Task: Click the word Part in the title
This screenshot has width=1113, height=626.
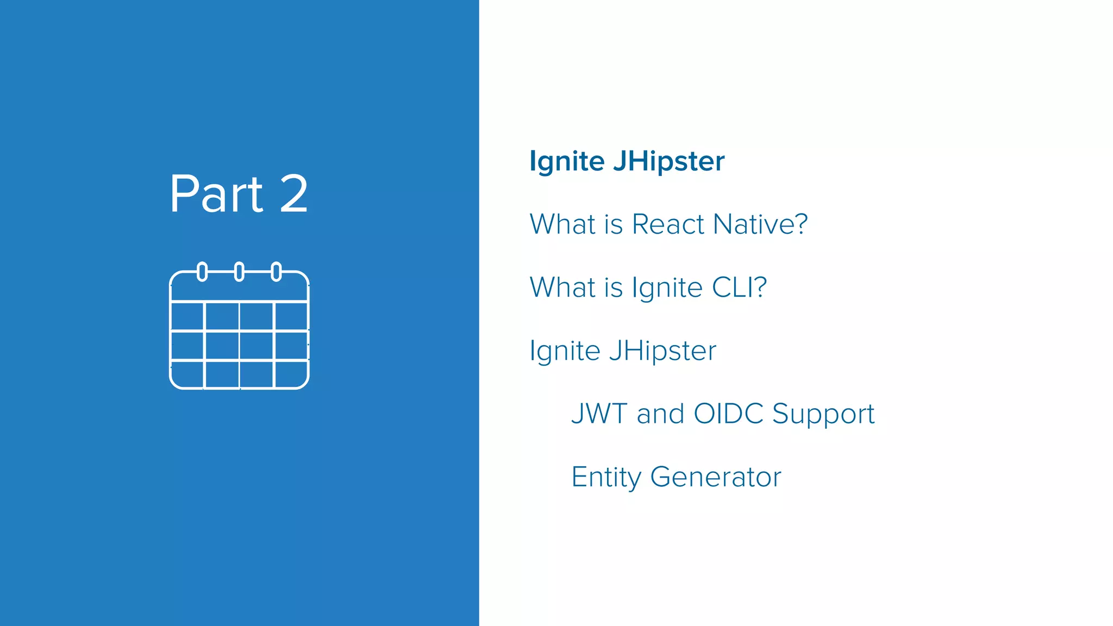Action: click(216, 194)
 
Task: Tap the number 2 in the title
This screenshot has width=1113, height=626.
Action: click(293, 194)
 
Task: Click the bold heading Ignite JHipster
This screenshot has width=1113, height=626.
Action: click(627, 161)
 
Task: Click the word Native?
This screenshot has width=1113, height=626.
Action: click(760, 224)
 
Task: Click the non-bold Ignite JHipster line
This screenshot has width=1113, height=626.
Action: click(623, 351)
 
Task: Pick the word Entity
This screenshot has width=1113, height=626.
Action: click(606, 478)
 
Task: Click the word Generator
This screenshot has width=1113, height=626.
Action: click(716, 477)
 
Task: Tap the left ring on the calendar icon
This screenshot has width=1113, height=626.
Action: click(202, 271)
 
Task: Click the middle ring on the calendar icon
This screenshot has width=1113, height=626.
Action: click(239, 271)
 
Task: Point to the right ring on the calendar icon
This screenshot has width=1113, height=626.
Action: click(276, 271)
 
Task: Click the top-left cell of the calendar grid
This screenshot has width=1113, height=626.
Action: click(187, 316)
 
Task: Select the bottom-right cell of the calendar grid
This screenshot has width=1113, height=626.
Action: click(291, 374)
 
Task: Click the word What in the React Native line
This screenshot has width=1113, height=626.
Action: click(562, 224)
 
